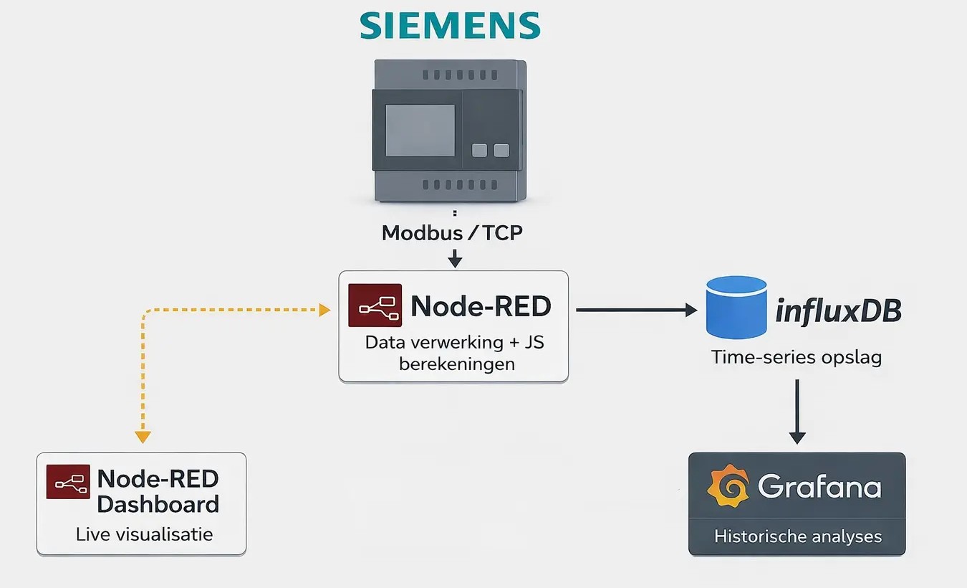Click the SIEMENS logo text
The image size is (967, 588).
[x=450, y=25]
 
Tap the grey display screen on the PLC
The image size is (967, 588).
[x=420, y=131]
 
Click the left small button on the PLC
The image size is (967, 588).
[x=480, y=150]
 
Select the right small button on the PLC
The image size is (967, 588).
[x=501, y=150]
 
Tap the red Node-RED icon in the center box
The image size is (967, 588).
[x=375, y=305]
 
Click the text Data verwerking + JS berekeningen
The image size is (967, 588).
[x=454, y=353]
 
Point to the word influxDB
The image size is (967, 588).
[x=838, y=312]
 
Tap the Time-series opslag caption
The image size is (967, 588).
[x=796, y=357]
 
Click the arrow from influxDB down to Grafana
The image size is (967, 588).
[x=797, y=412]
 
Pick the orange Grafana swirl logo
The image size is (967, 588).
[x=728, y=486]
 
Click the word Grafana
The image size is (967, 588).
[x=819, y=487]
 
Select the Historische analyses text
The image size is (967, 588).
[x=797, y=536]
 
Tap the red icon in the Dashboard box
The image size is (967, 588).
[x=68, y=482]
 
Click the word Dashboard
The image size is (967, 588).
[x=158, y=504]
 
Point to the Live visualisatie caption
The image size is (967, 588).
[x=144, y=534]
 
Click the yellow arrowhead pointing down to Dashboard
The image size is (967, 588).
[x=143, y=437]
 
